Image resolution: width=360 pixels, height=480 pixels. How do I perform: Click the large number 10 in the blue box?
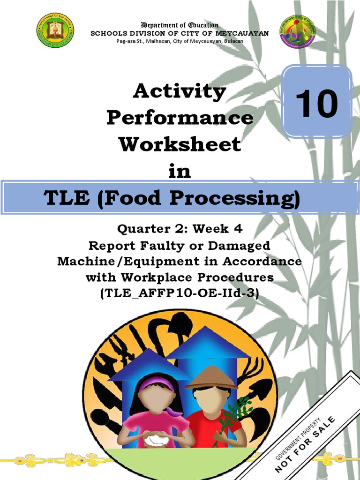(x=317, y=104)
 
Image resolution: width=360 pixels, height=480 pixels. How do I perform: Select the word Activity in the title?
(x=180, y=91)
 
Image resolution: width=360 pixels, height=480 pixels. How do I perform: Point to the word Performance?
(x=180, y=118)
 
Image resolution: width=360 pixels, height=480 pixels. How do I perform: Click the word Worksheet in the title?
(x=180, y=144)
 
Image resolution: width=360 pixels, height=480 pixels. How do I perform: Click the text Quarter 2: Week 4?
(x=180, y=229)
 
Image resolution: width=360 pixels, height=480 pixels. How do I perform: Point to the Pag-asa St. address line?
(x=180, y=41)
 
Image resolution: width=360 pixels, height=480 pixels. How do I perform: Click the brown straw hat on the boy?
(x=210, y=378)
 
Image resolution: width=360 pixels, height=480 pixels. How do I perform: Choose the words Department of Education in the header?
(x=180, y=25)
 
